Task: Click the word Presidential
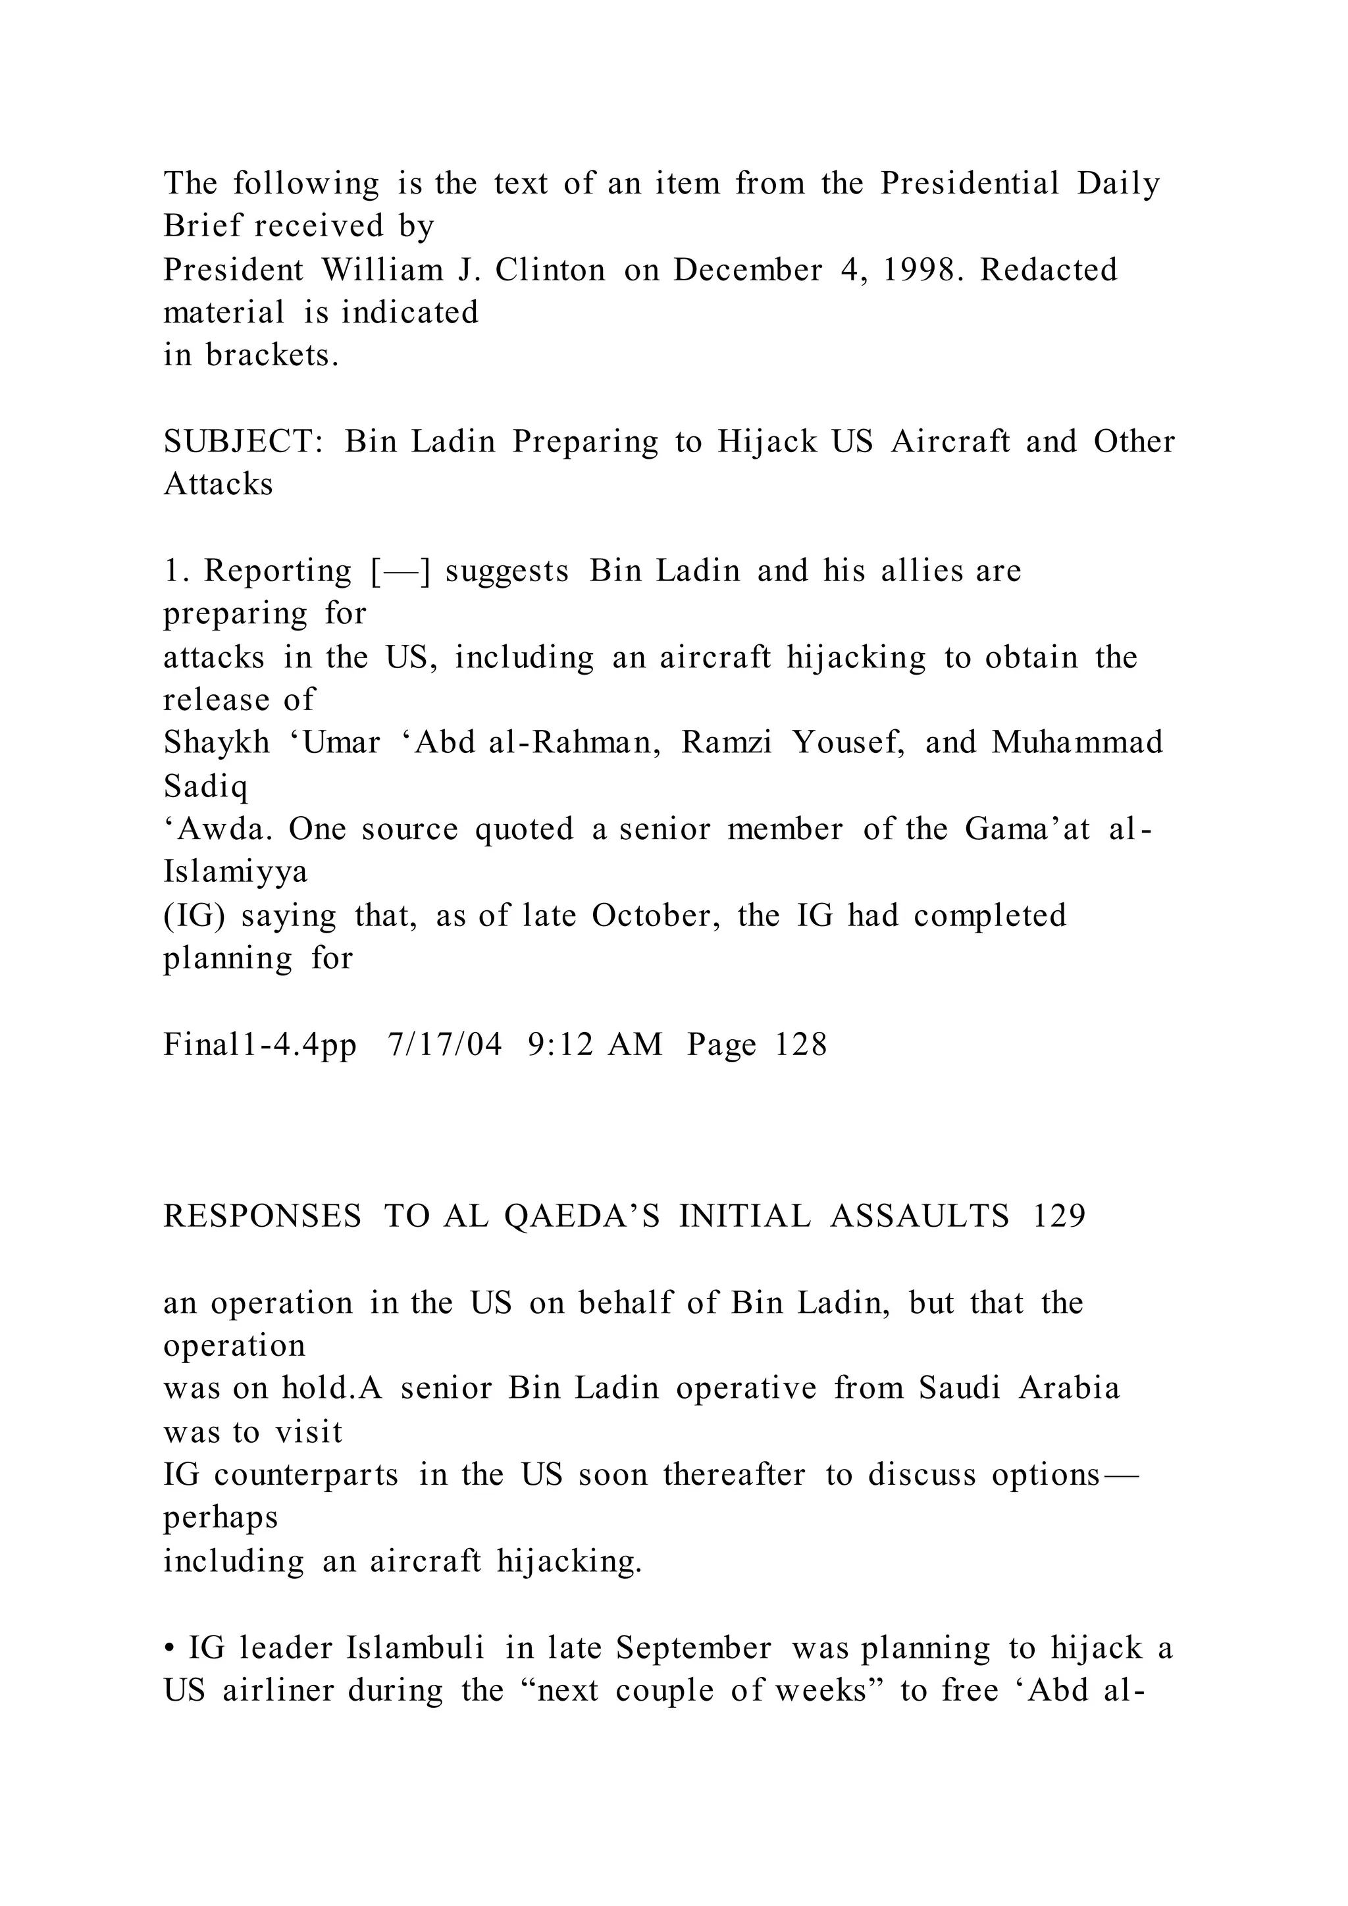tap(970, 184)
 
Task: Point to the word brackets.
tap(272, 355)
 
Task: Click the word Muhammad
tap(1077, 742)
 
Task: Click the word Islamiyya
tap(236, 871)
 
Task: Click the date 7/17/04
tap(445, 1044)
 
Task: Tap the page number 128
tap(801, 1044)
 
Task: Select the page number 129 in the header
tap(1059, 1217)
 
